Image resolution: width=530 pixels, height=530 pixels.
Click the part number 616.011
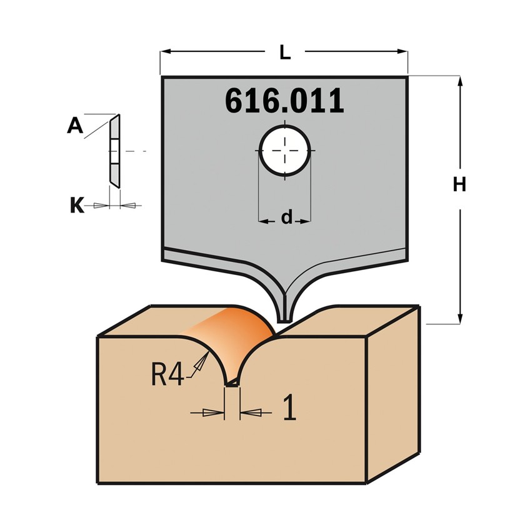pos(284,101)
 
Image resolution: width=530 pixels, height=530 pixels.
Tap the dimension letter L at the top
pos(285,52)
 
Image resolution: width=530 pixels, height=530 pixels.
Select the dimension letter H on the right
pos(460,184)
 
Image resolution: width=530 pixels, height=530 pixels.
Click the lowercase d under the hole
pos(287,217)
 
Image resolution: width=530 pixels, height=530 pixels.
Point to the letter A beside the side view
pos(75,126)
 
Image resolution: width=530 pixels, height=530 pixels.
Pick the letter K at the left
pos(77,205)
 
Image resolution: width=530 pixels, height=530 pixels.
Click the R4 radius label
pos(167,374)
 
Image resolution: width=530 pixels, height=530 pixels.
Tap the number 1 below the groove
pos(289,407)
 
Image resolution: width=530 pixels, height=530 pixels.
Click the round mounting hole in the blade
pos(284,151)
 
